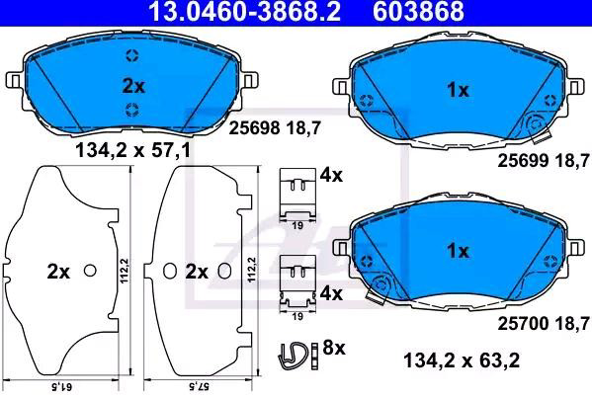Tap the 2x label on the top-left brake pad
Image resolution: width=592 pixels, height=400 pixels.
(x=133, y=86)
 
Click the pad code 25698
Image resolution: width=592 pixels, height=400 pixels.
(x=255, y=128)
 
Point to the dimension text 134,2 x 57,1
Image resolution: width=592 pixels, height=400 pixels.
(x=133, y=151)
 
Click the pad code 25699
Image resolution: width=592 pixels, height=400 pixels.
(x=523, y=161)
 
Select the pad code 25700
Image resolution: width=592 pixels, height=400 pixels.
(x=523, y=323)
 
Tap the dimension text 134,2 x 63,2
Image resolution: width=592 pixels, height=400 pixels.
(x=462, y=360)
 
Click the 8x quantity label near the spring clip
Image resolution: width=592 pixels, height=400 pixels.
(x=334, y=348)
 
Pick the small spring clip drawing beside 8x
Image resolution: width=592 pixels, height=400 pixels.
(x=294, y=356)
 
